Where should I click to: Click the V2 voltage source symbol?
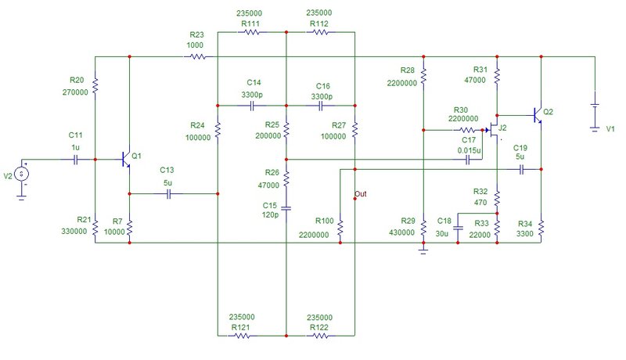pyautogui.click(x=21, y=174)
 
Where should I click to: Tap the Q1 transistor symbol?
pyautogui.click(x=126, y=160)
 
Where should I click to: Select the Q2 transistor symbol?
pyautogui.click(x=538, y=115)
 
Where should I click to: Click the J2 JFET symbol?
pyautogui.click(x=494, y=130)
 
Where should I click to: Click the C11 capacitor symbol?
pyautogui.click(x=76, y=160)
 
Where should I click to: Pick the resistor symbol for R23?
pyautogui.click(x=198, y=57)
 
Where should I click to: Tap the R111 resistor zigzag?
pyautogui.click(x=252, y=32)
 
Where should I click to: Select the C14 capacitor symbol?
pyautogui.click(x=252, y=106)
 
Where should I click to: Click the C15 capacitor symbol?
pyautogui.click(x=286, y=208)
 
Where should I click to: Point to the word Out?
pyautogui.click(x=361, y=194)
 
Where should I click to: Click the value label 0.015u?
pyautogui.click(x=469, y=150)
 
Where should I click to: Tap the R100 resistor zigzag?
pyautogui.click(x=340, y=228)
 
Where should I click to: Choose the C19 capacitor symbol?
pyautogui.click(x=521, y=170)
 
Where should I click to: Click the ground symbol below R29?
pyautogui.click(x=423, y=250)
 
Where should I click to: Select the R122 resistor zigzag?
pyautogui.click(x=320, y=336)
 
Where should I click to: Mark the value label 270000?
pyautogui.click(x=75, y=92)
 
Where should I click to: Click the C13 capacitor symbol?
pyautogui.click(x=168, y=194)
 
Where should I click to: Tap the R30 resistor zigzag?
pyautogui.click(x=466, y=130)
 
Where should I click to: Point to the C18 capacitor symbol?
pyautogui.click(x=458, y=229)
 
